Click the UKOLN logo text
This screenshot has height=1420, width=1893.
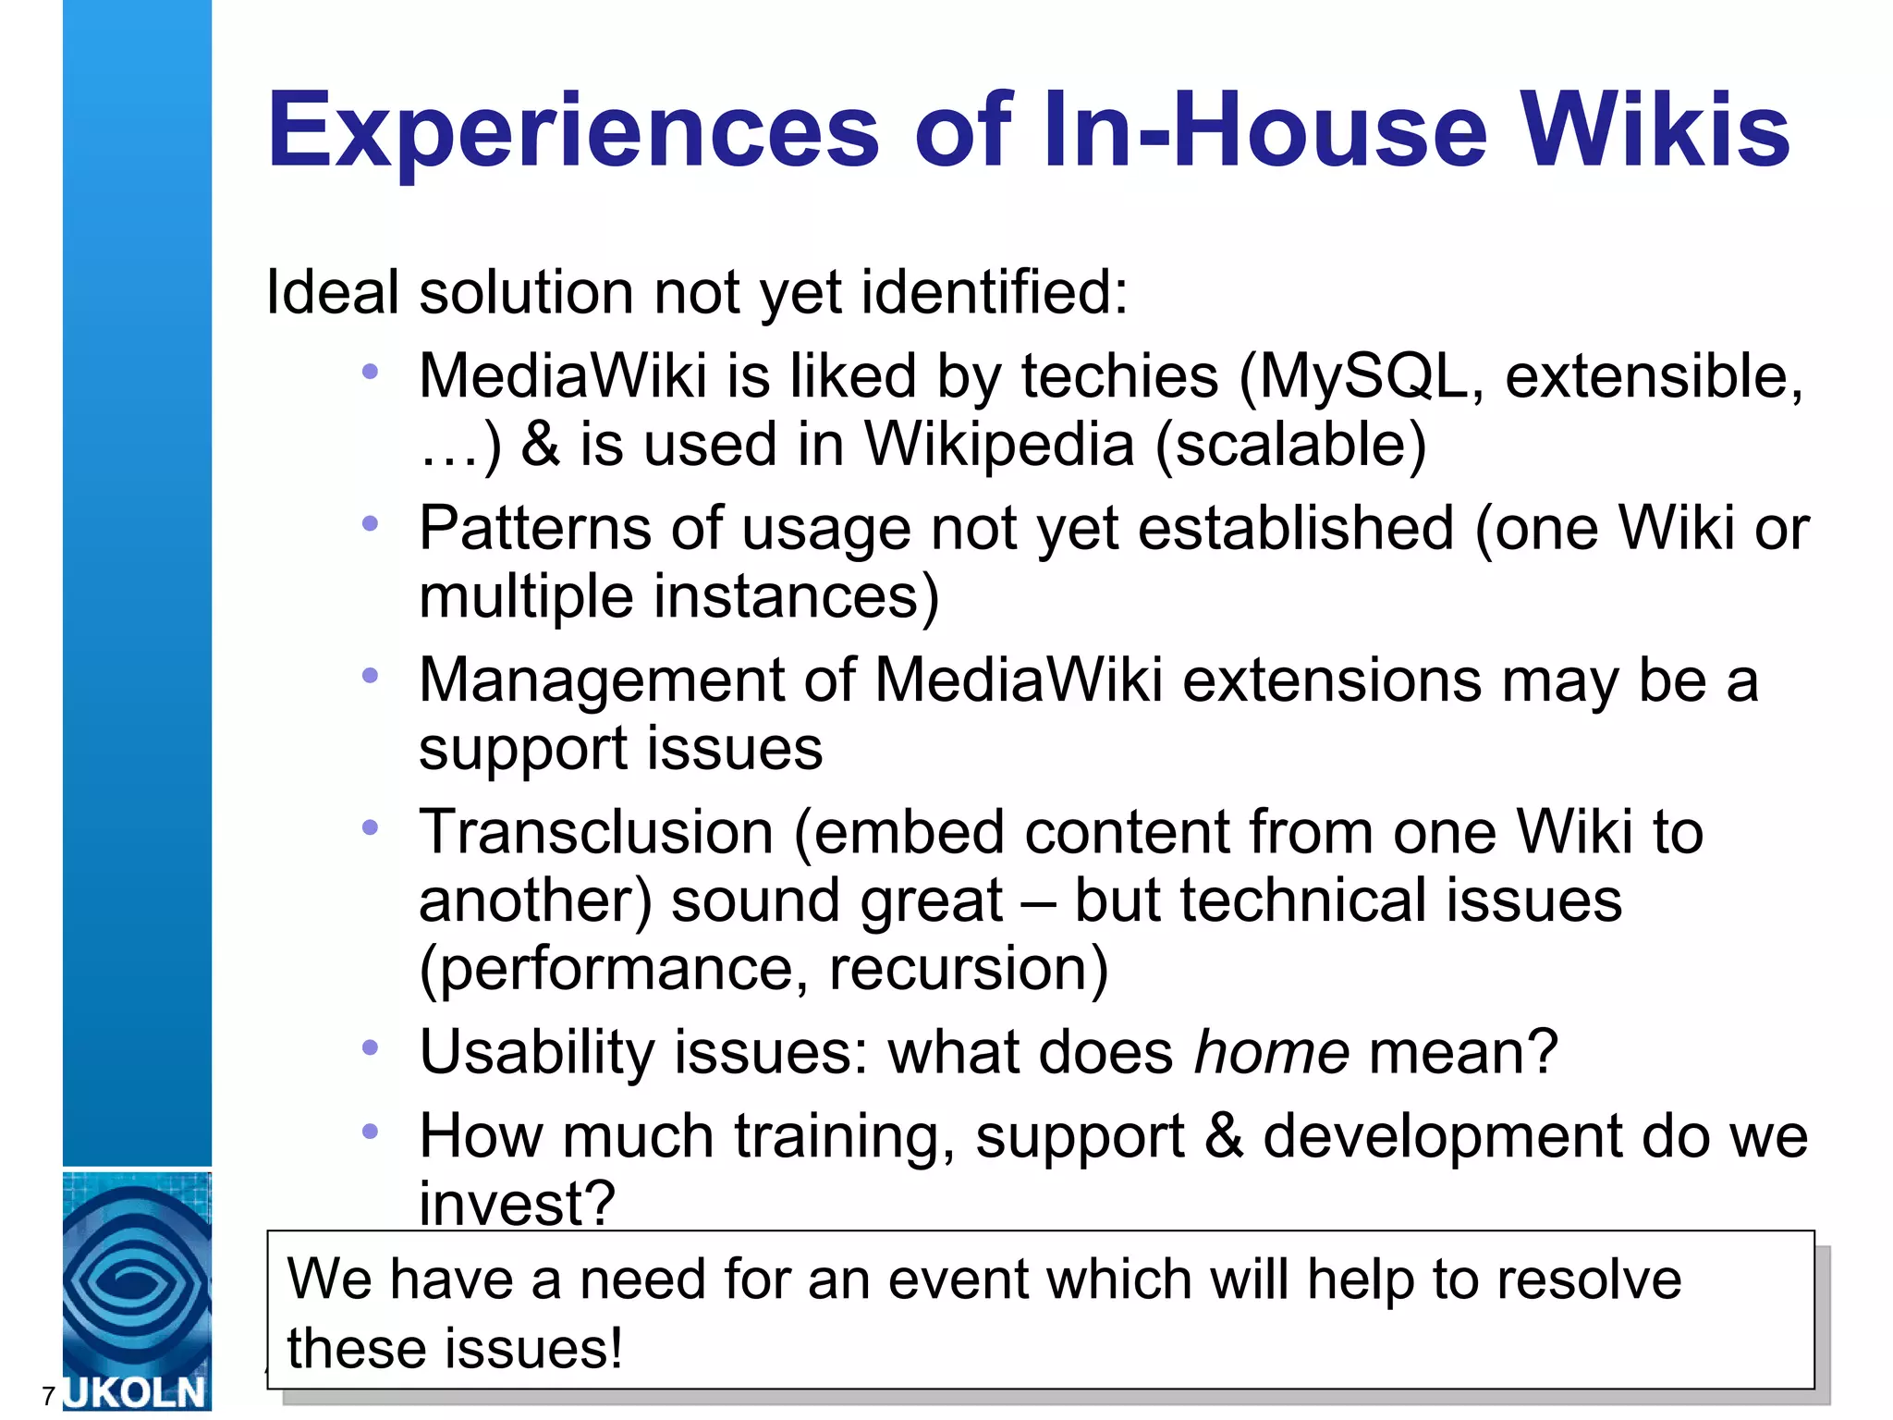pos(136,1392)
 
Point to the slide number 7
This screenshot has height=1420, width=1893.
pos(48,1396)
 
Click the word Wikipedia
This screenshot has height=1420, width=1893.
pos(998,445)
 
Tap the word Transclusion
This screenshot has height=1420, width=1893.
pos(596,831)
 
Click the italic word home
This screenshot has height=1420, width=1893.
pos(1272,1052)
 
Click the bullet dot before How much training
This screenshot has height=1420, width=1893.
pos(371,1131)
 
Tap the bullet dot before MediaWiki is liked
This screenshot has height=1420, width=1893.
pos(371,372)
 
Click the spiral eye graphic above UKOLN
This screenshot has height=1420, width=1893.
pos(136,1280)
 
